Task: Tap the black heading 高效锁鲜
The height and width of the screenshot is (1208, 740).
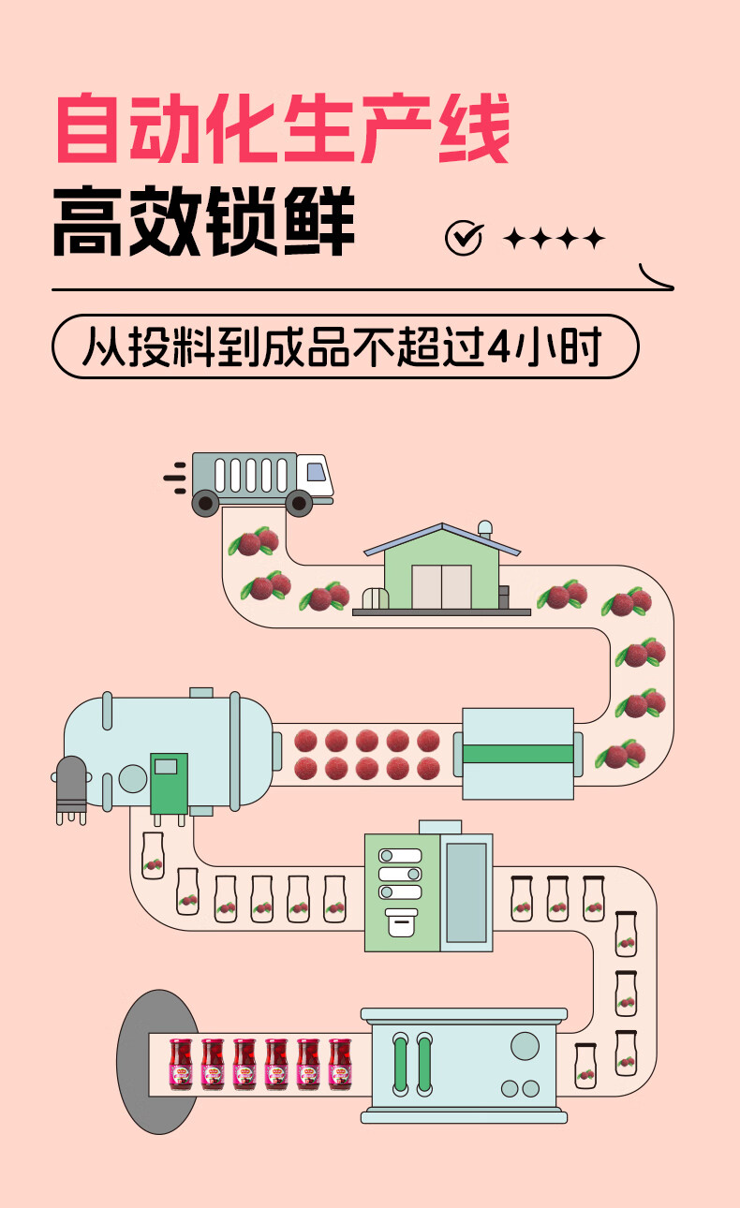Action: [203, 222]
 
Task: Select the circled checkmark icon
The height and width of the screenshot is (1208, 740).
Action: [463, 239]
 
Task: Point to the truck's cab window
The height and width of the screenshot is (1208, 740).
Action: [316, 472]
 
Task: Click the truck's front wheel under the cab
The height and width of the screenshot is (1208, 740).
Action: [299, 504]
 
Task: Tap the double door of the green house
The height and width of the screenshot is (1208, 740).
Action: [441, 587]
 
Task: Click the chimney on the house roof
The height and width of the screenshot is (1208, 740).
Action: [484, 529]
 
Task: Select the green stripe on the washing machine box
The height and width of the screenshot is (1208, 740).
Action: [518, 754]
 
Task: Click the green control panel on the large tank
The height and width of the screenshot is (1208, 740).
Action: [169, 782]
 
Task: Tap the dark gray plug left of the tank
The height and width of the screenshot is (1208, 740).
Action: [71, 787]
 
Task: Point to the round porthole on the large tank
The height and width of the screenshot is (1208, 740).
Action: [133, 778]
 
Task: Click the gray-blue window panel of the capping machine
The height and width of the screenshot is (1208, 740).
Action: [466, 892]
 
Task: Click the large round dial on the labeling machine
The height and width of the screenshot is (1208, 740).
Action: [525, 1045]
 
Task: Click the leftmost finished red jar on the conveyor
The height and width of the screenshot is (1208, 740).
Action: [180, 1064]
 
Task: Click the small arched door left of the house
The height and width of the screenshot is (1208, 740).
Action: [374, 599]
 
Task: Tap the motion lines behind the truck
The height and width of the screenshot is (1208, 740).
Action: [175, 477]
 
